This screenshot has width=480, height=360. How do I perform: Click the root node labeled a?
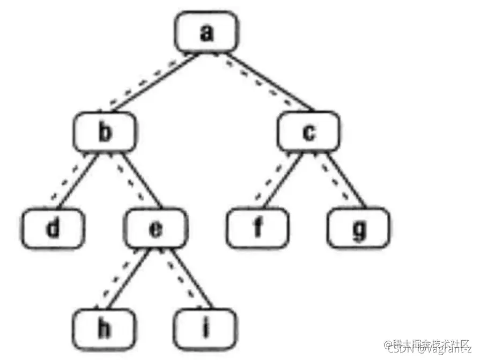coord(206,33)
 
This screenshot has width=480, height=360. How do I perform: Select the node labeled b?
coord(106,133)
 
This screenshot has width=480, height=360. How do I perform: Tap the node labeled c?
coord(308,133)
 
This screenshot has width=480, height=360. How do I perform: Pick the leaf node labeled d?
coord(53,229)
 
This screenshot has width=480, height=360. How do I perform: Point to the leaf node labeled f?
coord(258,229)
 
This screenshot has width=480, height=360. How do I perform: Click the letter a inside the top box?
coord(206,33)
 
